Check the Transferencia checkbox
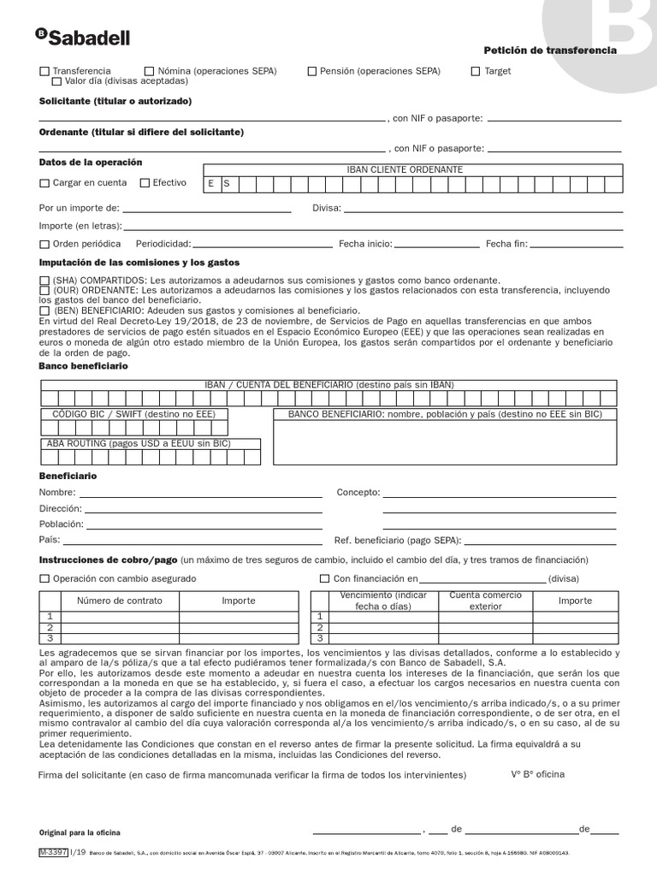click(44, 72)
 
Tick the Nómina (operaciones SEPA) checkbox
click(150, 72)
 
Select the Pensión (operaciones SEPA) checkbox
click(312, 72)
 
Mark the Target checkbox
click(476, 72)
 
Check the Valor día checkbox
click(56, 82)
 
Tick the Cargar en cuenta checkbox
click(44, 183)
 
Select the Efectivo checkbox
click(145, 183)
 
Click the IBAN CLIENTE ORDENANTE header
click(405, 169)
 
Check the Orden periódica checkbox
click(44, 245)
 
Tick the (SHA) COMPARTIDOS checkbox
click(44, 281)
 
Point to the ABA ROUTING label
click(139, 443)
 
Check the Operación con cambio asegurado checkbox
click(44, 579)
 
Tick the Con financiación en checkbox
click(324, 579)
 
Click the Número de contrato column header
click(120, 601)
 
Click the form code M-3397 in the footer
click(53, 853)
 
